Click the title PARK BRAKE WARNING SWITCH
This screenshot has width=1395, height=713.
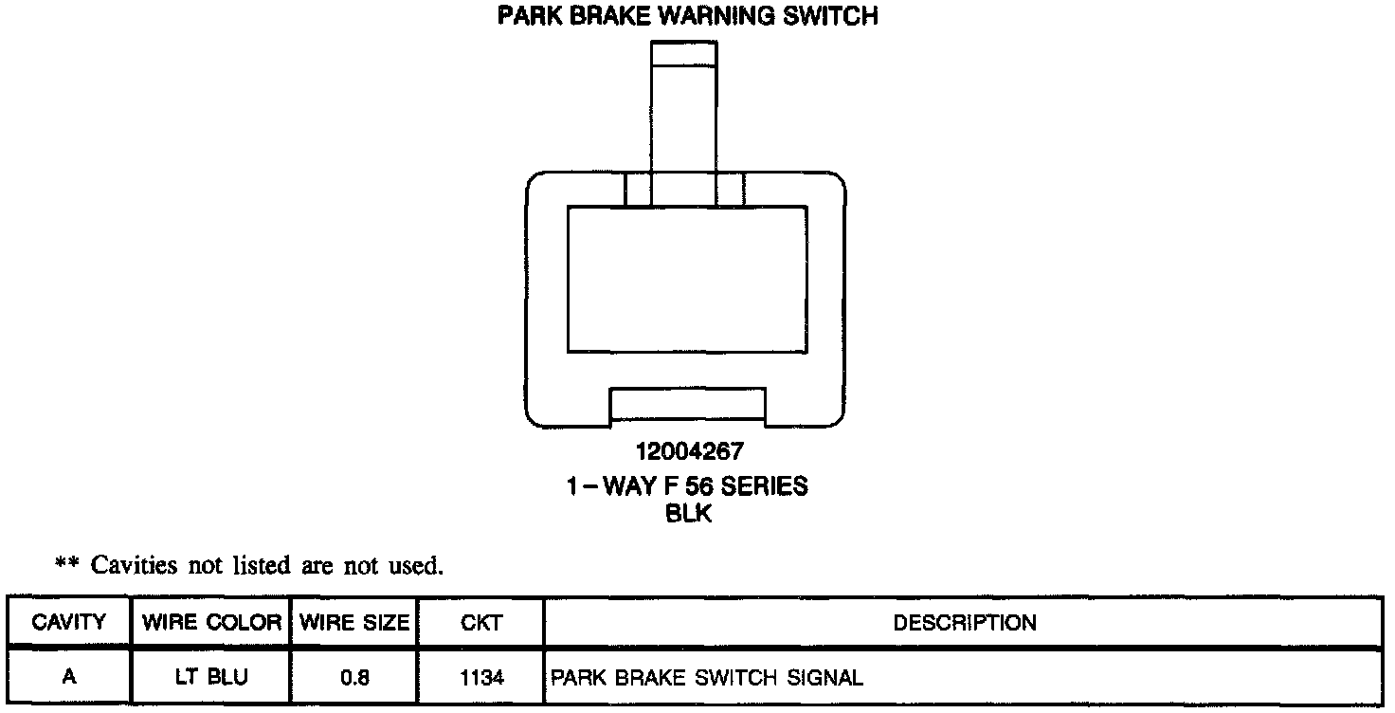[x=687, y=17]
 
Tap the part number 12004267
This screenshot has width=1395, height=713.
[x=687, y=452]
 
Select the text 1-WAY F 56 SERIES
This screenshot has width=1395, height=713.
[x=687, y=486]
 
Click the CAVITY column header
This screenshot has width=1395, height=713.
[x=68, y=623]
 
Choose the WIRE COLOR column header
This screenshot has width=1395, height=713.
[x=210, y=623]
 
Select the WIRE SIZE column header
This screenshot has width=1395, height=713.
[x=354, y=623]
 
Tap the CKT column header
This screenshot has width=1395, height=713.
[x=480, y=623]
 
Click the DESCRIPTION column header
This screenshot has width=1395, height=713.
[x=964, y=623]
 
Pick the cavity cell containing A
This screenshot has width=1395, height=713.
[x=68, y=678]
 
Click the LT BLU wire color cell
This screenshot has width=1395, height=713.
[x=210, y=678]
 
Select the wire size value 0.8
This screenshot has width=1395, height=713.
[x=354, y=678]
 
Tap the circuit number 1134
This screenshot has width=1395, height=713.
[x=480, y=678]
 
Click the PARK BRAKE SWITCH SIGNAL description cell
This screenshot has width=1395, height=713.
[x=707, y=678]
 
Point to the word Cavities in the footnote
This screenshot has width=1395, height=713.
[x=134, y=566]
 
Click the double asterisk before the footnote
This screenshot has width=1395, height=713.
[x=66, y=566]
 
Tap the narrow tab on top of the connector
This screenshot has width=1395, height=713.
[x=684, y=104]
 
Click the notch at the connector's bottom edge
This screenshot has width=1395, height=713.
[x=687, y=405]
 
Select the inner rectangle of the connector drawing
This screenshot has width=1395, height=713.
[x=687, y=279]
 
